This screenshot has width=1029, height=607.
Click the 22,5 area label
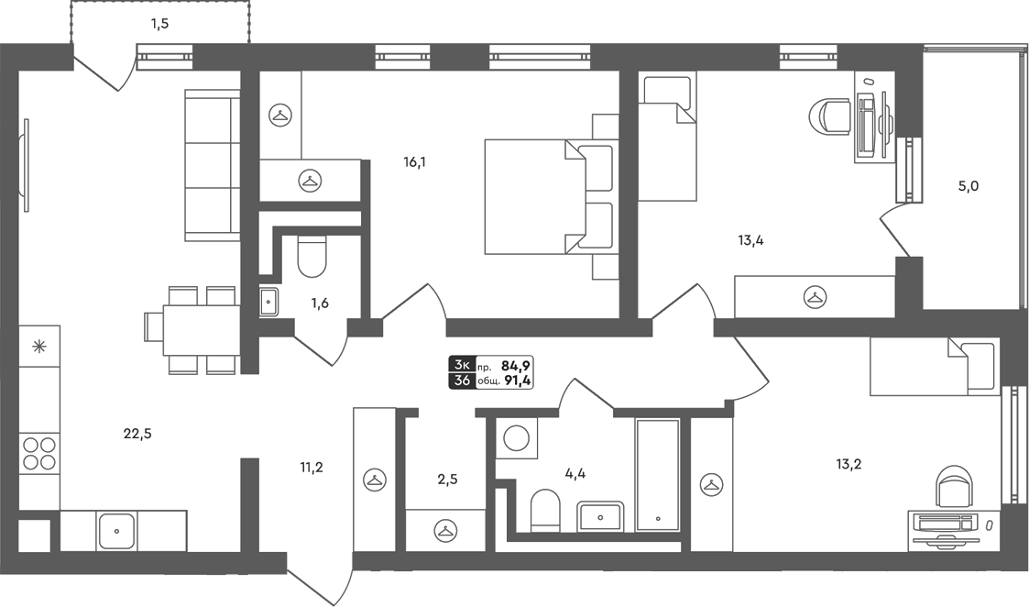click(137, 434)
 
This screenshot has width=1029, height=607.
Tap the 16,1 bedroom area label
click(415, 161)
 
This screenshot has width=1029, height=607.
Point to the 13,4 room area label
click(750, 240)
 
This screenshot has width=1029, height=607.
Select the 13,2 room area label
click(848, 465)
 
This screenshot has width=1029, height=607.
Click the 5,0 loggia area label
click(969, 186)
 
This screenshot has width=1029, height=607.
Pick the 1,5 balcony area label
click(159, 25)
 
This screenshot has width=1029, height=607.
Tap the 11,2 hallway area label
click(312, 468)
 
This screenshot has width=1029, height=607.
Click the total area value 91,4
click(518, 381)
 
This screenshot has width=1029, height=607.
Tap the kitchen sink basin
click(116, 531)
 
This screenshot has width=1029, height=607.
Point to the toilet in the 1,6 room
click(312, 257)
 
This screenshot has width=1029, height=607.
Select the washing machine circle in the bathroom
click(517, 439)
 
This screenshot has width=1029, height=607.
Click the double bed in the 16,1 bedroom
click(552, 196)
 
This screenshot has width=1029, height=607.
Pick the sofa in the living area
click(213, 165)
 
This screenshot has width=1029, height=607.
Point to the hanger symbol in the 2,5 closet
click(445, 529)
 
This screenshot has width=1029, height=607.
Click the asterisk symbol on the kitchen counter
click(39, 347)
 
